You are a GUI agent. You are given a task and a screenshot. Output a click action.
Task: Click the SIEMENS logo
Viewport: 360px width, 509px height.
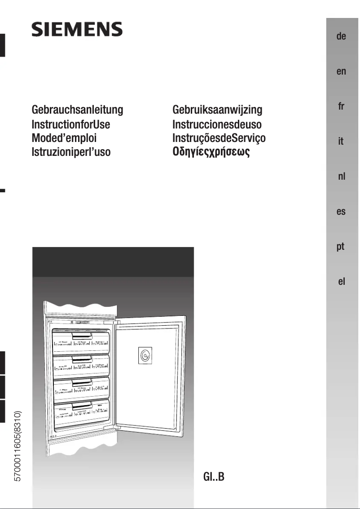tap(77, 30)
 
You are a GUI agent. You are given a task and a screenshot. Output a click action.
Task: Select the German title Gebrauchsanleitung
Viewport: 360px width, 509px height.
tap(77, 110)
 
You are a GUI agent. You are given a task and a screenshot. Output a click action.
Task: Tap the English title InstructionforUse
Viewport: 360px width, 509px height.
tap(70, 124)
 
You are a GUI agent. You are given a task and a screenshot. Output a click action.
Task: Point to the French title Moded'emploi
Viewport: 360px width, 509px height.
tap(64, 138)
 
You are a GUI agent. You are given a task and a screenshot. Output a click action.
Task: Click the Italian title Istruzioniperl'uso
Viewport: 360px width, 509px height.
tap(71, 152)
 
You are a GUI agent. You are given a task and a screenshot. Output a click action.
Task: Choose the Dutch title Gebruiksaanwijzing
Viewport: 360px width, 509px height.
tap(217, 110)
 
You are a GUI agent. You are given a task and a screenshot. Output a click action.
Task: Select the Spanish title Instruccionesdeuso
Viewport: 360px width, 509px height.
tap(217, 124)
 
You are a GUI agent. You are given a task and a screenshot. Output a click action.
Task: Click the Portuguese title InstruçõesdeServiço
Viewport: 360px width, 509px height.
tap(219, 138)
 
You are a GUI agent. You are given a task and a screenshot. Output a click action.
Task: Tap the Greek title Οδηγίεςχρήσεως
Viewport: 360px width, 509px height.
tap(211, 152)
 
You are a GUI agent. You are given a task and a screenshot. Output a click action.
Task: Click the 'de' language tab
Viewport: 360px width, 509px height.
tap(341, 36)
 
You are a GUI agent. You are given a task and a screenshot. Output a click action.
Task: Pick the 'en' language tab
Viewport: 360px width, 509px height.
tap(341, 71)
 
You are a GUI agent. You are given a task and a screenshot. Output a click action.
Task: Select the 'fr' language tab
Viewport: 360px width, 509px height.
tap(341, 106)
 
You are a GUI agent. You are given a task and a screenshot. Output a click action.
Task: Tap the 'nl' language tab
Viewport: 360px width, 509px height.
tap(341, 177)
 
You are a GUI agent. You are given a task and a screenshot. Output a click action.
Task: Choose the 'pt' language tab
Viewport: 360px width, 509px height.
tap(341, 247)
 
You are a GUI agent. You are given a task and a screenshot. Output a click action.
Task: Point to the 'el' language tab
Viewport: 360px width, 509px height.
tap(341, 282)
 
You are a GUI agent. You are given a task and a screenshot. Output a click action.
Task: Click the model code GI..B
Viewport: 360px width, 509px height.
tap(214, 476)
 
